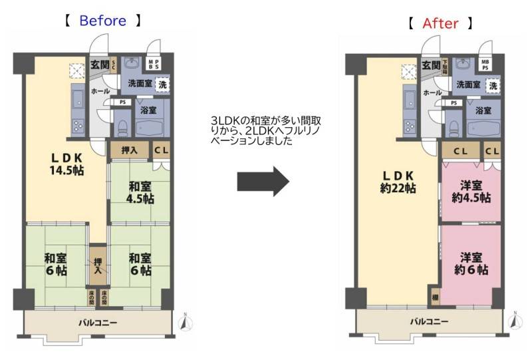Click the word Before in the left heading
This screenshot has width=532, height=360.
(102, 21)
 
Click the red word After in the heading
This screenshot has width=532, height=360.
(441, 24)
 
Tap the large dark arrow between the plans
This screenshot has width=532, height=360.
(263, 180)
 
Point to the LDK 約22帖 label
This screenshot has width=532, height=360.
(398, 182)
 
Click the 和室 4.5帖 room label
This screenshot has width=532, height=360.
(141, 193)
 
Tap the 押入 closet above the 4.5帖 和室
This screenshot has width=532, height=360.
(130, 151)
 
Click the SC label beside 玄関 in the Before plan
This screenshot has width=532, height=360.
(114, 65)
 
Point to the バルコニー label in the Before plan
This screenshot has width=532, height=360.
(98, 323)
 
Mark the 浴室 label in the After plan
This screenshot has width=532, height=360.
(483, 110)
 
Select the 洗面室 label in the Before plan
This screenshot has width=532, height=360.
(136, 83)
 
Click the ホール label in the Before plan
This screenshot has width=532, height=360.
(100, 90)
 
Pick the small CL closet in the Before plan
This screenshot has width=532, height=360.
(161, 151)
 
